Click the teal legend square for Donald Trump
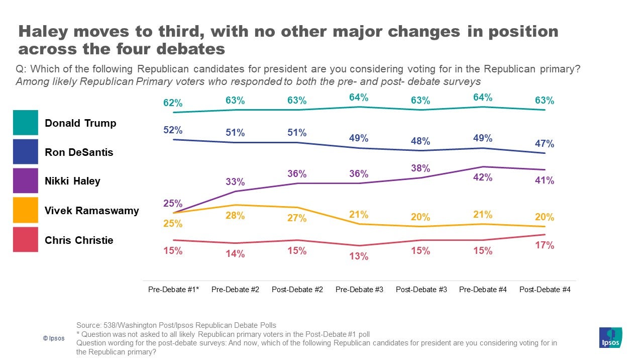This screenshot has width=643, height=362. click(x=25, y=123)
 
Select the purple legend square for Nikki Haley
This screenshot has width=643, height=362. click(x=25, y=180)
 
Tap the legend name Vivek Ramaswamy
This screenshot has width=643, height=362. click(x=92, y=211)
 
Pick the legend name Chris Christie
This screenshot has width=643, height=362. click(x=79, y=240)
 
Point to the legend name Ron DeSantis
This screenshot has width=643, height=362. click(x=79, y=152)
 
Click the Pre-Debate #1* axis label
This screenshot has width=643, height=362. click(x=173, y=290)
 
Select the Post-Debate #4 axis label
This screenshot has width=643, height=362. click(x=545, y=290)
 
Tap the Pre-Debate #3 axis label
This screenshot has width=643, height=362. click(x=359, y=290)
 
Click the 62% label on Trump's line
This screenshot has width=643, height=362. click(x=173, y=103)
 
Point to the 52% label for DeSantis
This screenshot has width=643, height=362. click(x=173, y=130)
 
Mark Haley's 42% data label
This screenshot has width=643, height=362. click(x=483, y=177)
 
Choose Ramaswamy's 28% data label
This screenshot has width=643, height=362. click(x=235, y=216)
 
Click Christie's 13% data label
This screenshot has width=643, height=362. click(x=359, y=256)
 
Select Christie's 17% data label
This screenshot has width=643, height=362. click(x=545, y=245)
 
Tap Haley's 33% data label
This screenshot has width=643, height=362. click(x=235, y=182)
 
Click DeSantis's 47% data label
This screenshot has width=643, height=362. click(x=545, y=144)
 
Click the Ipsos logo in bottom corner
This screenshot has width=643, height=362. click(x=610, y=337)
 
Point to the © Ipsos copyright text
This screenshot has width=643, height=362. click(x=54, y=338)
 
